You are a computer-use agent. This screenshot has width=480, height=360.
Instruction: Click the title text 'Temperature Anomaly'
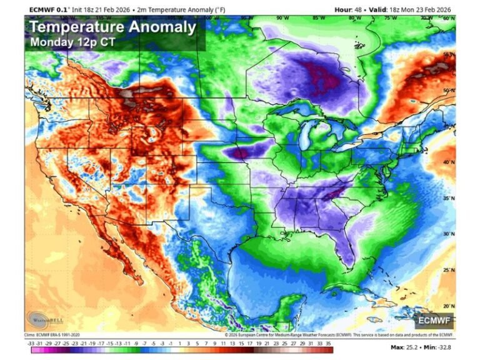point(112,28)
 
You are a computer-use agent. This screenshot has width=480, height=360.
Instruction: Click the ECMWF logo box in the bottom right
point(434,321)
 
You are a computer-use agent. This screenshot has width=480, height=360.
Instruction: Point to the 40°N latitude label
point(447,162)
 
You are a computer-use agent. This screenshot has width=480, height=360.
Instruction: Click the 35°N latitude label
point(447,198)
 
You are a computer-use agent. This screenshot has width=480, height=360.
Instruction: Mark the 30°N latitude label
point(447,234)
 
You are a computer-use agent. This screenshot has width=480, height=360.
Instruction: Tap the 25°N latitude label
point(447,270)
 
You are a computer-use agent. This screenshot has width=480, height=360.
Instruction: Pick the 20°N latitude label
point(447,306)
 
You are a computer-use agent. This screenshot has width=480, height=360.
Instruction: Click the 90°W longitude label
point(283,18)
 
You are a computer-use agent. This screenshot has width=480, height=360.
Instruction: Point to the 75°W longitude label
point(391,18)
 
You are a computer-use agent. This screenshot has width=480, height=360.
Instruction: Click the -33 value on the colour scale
point(31,343)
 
